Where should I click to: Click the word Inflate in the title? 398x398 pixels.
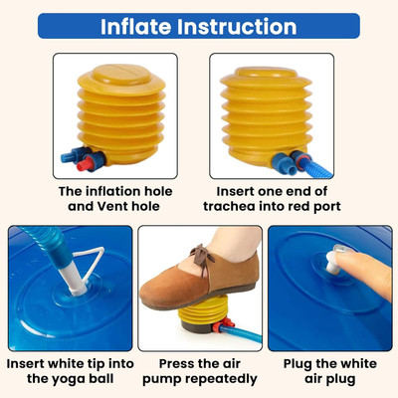click(x=136, y=27)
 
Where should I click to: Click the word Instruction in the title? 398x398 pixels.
click(x=237, y=27)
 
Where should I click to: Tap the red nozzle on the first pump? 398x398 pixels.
click(x=87, y=164)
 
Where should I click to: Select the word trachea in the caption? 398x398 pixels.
click(x=230, y=206)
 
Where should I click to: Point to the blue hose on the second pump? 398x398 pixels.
click(x=316, y=168)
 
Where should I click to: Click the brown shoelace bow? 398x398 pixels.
click(x=201, y=256)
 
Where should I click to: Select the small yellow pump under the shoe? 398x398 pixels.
click(x=203, y=315)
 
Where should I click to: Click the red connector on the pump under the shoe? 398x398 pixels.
click(x=223, y=324)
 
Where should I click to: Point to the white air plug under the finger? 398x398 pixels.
click(x=331, y=263)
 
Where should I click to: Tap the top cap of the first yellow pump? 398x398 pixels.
click(x=121, y=75)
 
